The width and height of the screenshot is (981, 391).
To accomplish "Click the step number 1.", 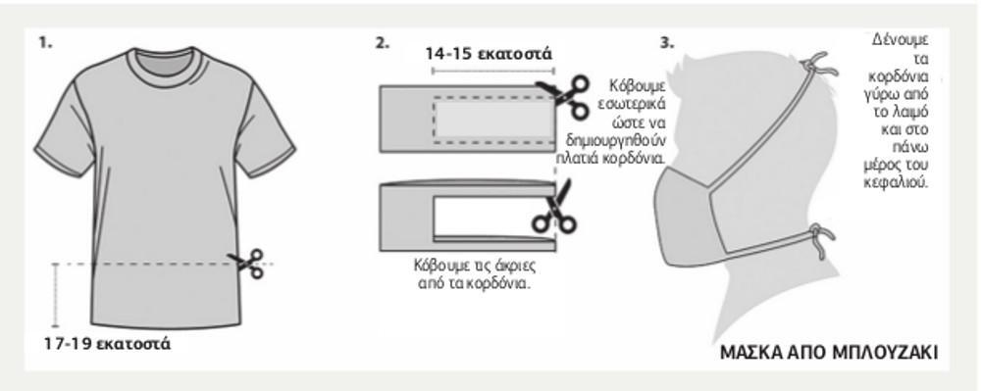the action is pos(45,43).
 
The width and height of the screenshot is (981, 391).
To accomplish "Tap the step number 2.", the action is pos(383,43).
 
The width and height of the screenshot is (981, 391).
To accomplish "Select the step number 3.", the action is pos(667,43).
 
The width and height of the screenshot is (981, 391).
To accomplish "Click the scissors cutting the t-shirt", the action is pos(247,263).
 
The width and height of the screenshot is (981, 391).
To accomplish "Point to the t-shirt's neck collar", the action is pos(165,60).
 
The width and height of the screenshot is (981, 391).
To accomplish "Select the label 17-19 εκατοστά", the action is pos(107,344).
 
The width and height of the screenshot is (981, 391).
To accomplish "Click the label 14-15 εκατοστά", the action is pos(489,54).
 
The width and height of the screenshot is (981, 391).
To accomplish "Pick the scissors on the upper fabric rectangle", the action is pos(565,96).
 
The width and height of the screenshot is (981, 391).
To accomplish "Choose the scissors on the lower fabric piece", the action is pos(553,210).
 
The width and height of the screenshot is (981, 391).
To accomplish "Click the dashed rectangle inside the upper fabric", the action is pos(493,121).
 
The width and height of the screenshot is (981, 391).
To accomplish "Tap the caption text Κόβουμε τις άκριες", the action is pos(475,265).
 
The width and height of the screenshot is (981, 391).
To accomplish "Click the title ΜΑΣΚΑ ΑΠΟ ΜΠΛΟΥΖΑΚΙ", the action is pos(829,353).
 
